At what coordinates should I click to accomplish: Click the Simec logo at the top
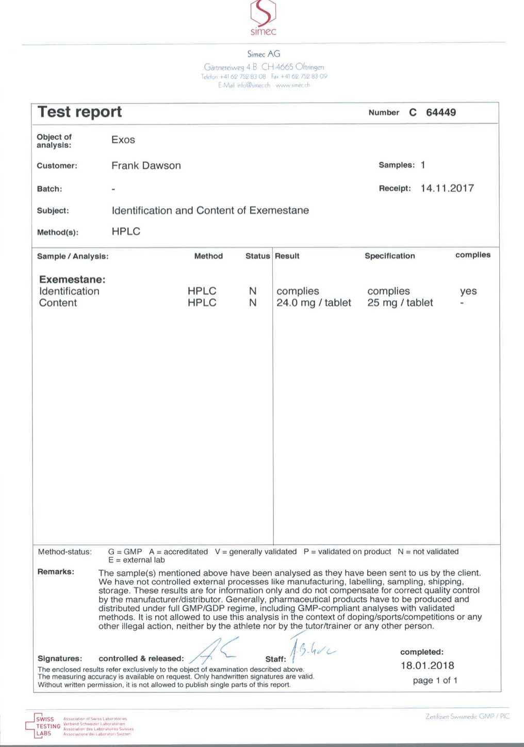[x=263, y=18]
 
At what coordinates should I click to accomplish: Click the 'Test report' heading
[x=80, y=112]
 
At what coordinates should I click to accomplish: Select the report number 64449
[x=440, y=112]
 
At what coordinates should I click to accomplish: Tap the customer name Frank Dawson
[x=146, y=165]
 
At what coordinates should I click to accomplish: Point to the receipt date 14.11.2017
[x=447, y=188]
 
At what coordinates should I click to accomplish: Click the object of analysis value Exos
[x=123, y=140]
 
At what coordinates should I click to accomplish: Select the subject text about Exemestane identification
[x=210, y=210]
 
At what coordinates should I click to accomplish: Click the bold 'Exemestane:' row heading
[x=72, y=279]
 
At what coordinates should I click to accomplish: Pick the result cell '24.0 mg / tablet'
[x=314, y=302]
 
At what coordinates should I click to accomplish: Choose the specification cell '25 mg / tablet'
[x=400, y=302]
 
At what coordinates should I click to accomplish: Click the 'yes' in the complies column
[x=468, y=291]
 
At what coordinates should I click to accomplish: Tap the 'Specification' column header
[x=389, y=256]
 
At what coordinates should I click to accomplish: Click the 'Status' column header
[x=257, y=256]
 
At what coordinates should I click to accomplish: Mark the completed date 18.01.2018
[x=427, y=665]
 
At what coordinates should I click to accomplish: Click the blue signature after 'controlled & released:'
[x=214, y=650]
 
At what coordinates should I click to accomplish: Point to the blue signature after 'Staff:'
[x=311, y=650]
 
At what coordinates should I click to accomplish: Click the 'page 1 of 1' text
[x=435, y=680]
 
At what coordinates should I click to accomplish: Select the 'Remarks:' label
[x=56, y=572]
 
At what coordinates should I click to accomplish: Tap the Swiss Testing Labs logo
[x=44, y=725]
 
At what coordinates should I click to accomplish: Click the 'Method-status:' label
[x=64, y=552]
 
